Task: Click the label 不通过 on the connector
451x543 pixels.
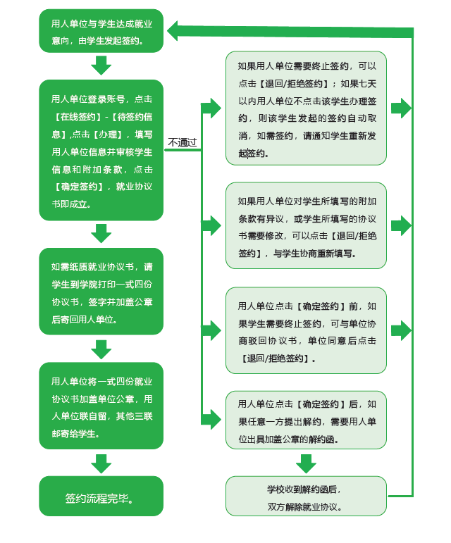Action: (x=183, y=142)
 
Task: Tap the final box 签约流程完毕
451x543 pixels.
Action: (x=101, y=496)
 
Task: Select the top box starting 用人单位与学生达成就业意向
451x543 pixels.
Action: (x=101, y=31)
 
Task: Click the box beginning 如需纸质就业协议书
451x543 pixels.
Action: (x=101, y=292)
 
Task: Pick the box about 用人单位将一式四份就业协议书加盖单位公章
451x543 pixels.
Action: (x=101, y=406)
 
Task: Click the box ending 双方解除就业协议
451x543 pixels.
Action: (x=306, y=496)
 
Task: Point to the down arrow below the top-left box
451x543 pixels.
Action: (x=101, y=65)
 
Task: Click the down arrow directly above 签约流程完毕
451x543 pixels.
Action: (x=101, y=463)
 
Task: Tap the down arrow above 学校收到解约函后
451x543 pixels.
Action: (x=306, y=463)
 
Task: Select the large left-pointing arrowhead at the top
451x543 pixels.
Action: (x=173, y=30)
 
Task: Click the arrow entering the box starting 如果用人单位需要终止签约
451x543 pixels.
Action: (x=211, y=108)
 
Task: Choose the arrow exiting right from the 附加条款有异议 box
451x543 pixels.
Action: (x=401, y=226)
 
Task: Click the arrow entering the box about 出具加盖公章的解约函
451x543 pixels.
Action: (x=211, y=420)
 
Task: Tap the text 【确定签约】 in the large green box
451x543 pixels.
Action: (x=79, y=187)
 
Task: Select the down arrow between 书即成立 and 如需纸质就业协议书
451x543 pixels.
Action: (x=101, y=233)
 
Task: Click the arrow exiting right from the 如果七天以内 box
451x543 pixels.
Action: (x=401, y=108)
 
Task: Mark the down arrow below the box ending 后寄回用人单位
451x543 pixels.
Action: (x=101, y=349)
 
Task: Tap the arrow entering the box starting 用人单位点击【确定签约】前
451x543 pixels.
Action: (x=211, y=330)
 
